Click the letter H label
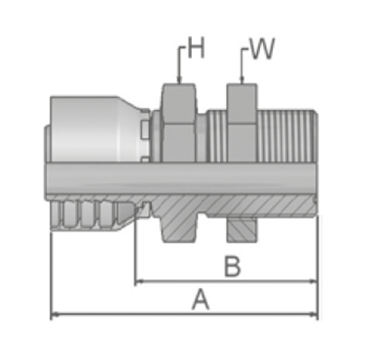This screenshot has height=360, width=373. coord(197,48)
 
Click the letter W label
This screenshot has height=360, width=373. coord(262,49)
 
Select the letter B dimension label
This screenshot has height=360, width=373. coord(233,267)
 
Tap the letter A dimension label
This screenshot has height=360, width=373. coord(201,300)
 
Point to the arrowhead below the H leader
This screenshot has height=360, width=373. coord(178,80)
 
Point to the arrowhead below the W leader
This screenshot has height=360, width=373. coord(242,80)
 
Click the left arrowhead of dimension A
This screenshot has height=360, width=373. coord(56,314)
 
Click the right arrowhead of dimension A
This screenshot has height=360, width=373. coord(314,314)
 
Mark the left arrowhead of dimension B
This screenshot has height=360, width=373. coord(139,281)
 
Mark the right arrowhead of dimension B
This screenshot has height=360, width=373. coord(314,281)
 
